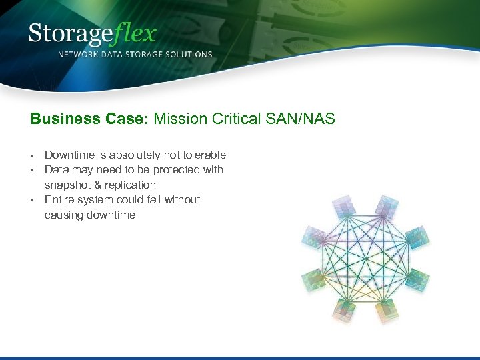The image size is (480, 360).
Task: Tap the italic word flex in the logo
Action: coord(133,33)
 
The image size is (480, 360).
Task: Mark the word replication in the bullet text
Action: coord(131,185)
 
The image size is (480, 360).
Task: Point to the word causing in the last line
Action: coord(63,215)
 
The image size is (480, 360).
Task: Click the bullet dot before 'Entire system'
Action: coord(33,200)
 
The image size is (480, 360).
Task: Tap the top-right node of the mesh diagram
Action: coord(387,204)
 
